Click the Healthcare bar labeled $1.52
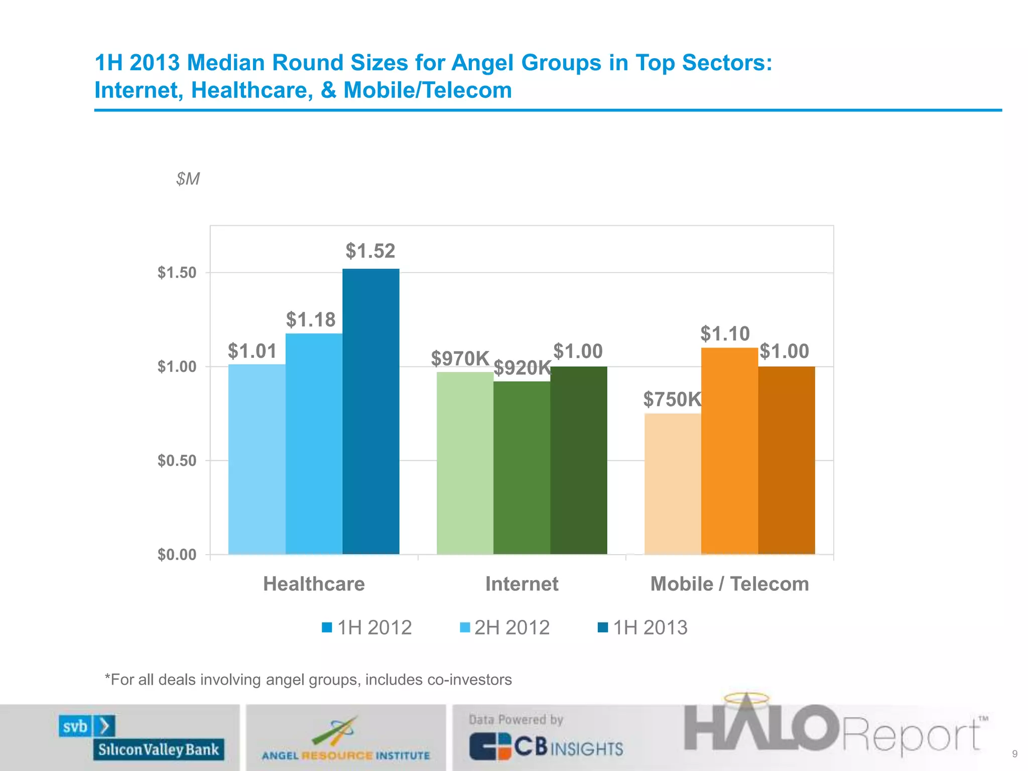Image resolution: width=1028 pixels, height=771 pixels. coord(371,412)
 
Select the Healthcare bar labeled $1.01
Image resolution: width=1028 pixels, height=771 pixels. coord(257,459)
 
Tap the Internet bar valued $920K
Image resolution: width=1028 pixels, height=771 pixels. coord(522,468)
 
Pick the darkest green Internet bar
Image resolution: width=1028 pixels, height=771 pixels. coord(579,460)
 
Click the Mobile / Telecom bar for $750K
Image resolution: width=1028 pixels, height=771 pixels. coord(673,484)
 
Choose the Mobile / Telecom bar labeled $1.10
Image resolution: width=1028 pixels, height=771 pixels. coord(729,451)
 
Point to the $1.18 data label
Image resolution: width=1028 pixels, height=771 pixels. coord(311,320)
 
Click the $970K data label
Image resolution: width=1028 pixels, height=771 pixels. coord(460,358)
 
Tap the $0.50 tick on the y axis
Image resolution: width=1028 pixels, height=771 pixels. coord(177,460)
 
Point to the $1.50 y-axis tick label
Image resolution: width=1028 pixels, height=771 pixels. coord(177,273)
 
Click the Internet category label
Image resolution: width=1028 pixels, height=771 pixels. coord(522,584)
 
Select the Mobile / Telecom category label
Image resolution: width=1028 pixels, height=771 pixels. coord(729,584)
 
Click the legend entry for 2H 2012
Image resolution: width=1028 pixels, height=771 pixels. coord(505,627)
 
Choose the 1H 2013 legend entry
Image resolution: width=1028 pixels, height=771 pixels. coord(643,627)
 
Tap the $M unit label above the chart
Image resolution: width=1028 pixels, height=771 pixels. coord(188,179)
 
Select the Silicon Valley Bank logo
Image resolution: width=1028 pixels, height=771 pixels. coord(142,737)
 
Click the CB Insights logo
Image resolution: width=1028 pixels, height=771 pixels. coord(546,746)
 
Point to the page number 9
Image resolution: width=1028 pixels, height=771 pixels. coord(1014,754)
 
